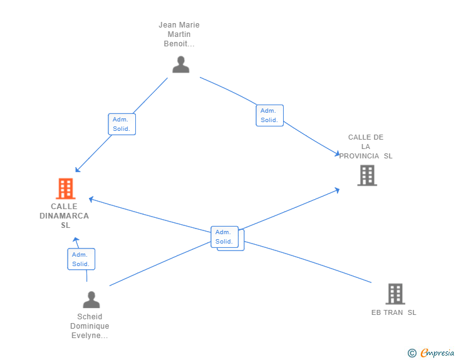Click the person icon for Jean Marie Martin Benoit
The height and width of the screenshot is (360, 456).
pos(180,64)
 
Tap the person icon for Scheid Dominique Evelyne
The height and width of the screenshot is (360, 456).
pos(91,299)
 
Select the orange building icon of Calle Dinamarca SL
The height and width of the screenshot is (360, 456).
pos(66,188)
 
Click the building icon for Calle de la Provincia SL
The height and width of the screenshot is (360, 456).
pos(367,175)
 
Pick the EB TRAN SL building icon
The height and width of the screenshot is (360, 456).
pos(395,294)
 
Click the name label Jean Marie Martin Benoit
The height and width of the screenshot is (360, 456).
pos(179,34)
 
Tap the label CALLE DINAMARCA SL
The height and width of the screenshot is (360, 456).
pos(65,216)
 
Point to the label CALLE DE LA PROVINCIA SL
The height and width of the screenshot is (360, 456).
pos(366,147)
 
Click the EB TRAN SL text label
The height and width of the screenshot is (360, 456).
pos(394,312)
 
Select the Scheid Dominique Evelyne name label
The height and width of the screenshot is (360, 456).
pos(90,326)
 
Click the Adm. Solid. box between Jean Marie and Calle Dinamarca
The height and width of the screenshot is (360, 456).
pos(122,124)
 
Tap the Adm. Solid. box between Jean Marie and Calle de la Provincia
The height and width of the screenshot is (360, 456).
pos(269,115)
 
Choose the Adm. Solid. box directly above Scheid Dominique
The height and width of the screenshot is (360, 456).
pos(81,259)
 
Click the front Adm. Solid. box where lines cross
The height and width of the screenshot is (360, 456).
pos(224,237)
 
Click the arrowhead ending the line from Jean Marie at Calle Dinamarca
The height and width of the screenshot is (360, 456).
pos(78,170)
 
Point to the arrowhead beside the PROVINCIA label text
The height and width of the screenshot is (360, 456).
pos(338,153)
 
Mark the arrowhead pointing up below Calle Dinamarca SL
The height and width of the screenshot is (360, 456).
pos(76,240)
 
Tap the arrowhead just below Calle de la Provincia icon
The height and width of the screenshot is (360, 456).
pos(338,190)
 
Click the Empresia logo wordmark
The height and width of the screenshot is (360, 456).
pos(437,352)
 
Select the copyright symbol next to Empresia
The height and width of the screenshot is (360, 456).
pos(412,353)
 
